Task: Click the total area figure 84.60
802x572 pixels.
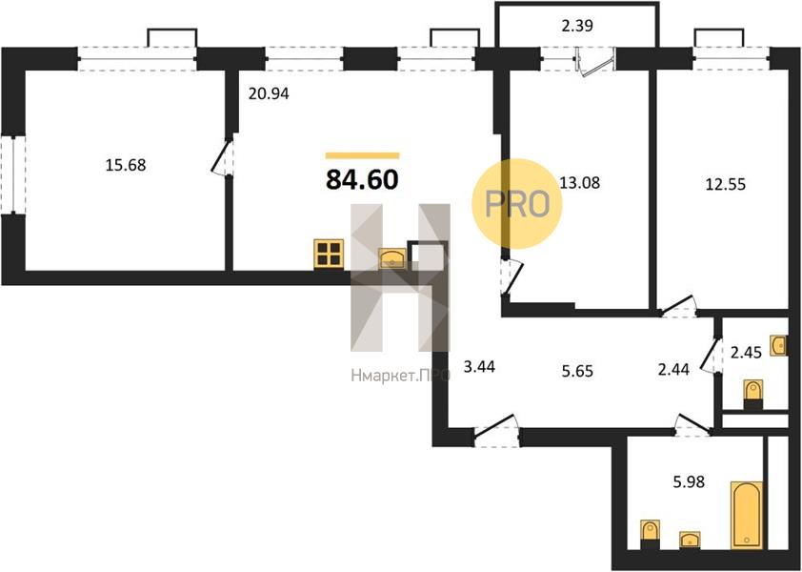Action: tap(362, 180)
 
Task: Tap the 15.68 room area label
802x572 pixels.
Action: tap(126, 166)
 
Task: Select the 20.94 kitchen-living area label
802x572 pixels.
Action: tap(269, 93)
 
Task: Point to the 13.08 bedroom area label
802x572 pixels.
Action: tap(579, 182)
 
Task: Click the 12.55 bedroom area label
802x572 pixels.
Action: tap(725, 184)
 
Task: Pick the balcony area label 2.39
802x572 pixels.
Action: tap(577, 26)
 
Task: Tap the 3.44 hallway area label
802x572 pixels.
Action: tap(479, 367)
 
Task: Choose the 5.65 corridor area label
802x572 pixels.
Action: tap(577, 370)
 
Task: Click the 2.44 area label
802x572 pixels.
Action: tap(673, 369)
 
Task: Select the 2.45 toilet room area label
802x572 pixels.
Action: tap(746, 353)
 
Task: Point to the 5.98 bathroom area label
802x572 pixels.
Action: tap(689, 481)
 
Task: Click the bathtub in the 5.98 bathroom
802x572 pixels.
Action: tap(747, 515)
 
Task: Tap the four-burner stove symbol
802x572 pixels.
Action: tap(328, 254)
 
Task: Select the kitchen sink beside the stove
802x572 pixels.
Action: tap(392, 258)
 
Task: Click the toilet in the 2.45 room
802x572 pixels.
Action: tap(752, 395)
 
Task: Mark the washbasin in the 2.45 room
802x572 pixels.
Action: tap(778, 346)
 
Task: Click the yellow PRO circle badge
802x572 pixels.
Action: tap(516, 203)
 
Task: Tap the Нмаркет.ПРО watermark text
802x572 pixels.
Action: tap(400, 376)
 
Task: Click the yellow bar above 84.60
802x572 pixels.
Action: tap(362, 155)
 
